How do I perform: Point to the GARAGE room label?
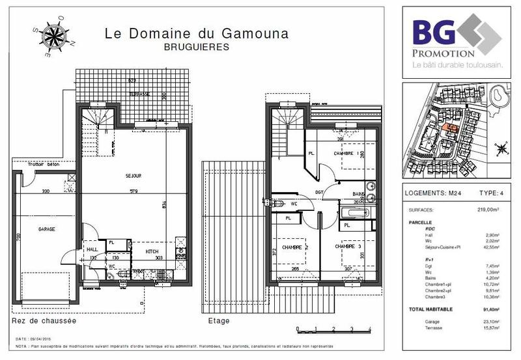point(46,229)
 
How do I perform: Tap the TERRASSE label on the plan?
point(139,94)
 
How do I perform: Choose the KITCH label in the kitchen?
point(152,251)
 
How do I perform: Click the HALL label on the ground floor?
point(92,248)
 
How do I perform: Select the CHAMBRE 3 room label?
point(348,247)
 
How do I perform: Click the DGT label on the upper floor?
point(320,193)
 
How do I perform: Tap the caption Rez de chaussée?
point(44,322)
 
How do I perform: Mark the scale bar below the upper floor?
point(333,329)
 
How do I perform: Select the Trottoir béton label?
point(36,173)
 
